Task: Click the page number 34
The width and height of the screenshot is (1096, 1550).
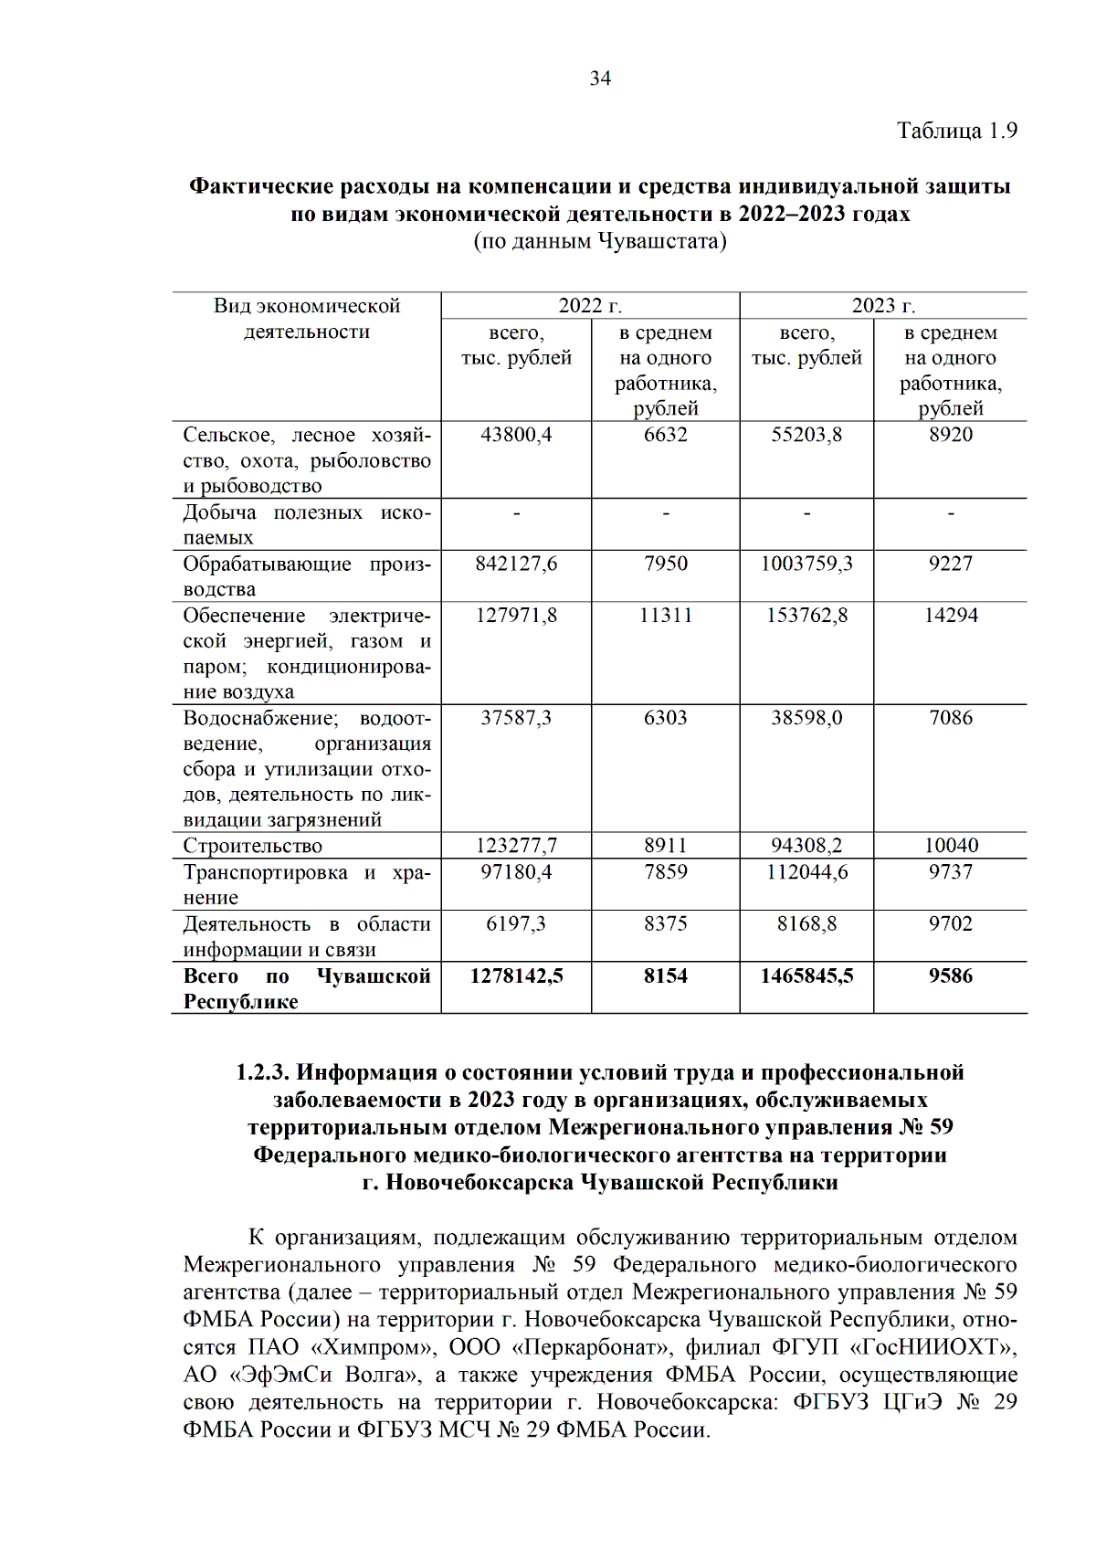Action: pyautogui.click(x=600, y=79)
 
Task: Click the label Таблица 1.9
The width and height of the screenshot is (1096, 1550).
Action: pyautogui.click(x=956, y=131)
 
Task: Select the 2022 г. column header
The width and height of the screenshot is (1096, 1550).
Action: pyautogui.click(x=590, y=306)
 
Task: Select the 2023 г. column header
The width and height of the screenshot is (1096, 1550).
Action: pyautogui.click(x=883, y=306)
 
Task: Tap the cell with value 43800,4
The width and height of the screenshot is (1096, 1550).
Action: pyautogui.click(x=516, y=435)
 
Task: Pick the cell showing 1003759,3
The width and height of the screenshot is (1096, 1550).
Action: pyautogui.click(x=806, y=564)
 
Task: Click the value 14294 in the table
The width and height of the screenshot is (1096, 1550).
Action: pyautogui.click(x=951, y=616)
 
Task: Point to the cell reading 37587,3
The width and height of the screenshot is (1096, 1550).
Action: pyautogui.click(x=516, y=718)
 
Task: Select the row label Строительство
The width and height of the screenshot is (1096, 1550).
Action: pyautogui.click(x=253, y=846)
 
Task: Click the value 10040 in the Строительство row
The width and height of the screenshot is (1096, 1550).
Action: pyautogui.click(x=951, y=846)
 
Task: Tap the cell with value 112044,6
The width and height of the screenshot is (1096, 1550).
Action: pyautogui.click(x=806, y=872)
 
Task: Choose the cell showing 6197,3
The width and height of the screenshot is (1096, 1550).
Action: pyautogui.click(x=516, y=924)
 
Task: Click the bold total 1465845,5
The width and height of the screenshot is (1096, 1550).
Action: pyautogui.click(x=806, y=976)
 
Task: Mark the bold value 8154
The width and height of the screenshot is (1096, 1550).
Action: pyautogui.click(x=665, y=976)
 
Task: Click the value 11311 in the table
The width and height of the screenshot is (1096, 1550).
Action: pyautogui.click(x=665, y=616)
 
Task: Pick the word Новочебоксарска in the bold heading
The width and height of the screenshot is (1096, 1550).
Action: pyautogui.click(x=480, y=1183)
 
